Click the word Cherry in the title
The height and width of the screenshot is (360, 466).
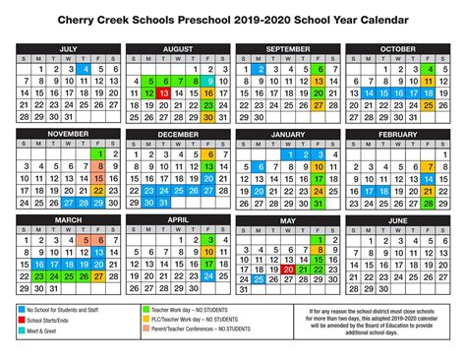[x=107, y=19]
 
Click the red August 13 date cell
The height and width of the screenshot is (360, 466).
[x=163, y=92]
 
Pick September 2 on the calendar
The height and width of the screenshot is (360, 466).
[x=261, y=69]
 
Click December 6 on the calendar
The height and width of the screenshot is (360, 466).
[x=212, y=153]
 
